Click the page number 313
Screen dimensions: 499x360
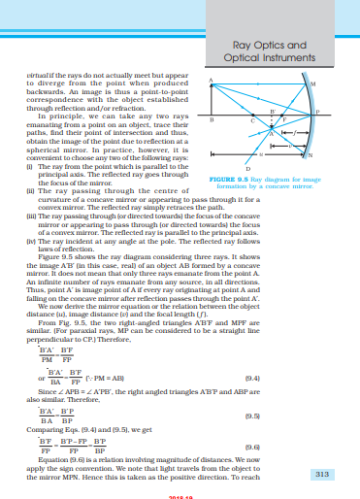(336, 476)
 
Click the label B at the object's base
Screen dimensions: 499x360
(212, 119)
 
